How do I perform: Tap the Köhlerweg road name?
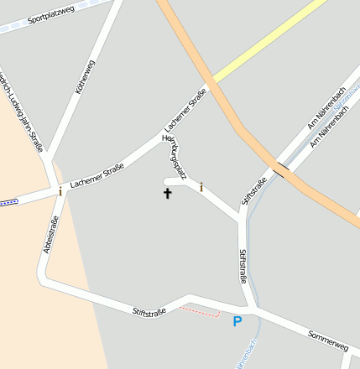[x=85, y=75]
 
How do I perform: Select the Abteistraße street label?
[x=50, y=235]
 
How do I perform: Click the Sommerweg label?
[x=328, y=340]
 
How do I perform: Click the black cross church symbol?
[x=167, y=194]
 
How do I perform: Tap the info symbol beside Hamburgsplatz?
[x=201, y=187]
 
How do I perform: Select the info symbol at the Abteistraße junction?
[x=60, y=191]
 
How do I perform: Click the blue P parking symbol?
[x=237, y=321]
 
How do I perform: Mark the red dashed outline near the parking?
[x=200, y=311]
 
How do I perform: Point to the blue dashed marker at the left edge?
[x=8, y=202]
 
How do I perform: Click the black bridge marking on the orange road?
[x=279, y=170]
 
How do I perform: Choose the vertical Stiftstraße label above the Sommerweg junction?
[x=243, y=266]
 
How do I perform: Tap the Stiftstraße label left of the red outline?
[x=149, y=311]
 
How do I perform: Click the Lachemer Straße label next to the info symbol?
[x=97, y=174]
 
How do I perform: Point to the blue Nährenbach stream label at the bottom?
[x=237, y=356]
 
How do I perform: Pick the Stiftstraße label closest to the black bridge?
[x=253, y=192]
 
